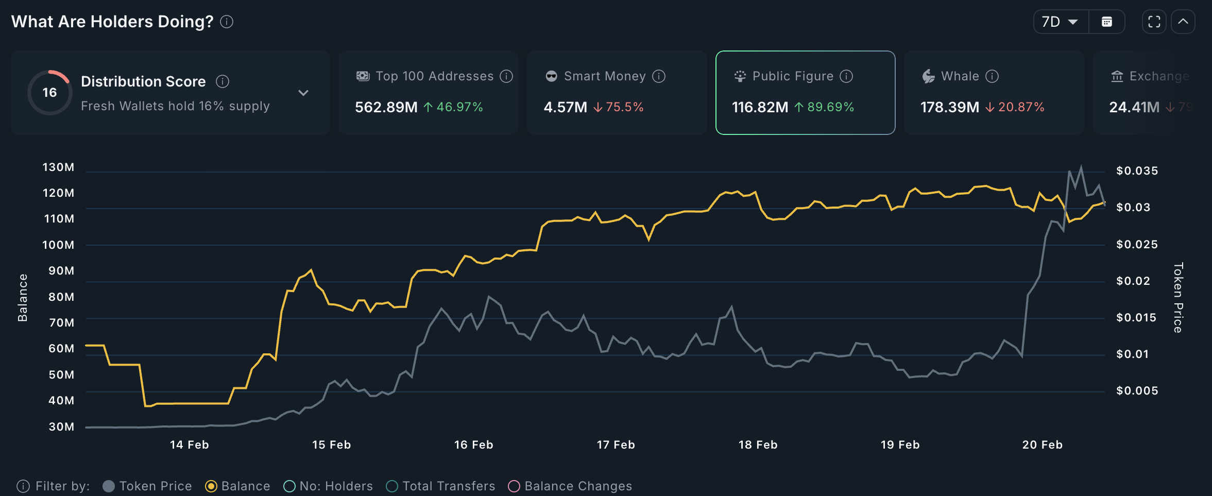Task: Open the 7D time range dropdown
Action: point(1061,22)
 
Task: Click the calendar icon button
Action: point(1106,22)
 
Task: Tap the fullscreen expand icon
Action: point(1154,22)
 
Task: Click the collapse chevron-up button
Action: point(1183,22)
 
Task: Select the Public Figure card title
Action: point(793,76)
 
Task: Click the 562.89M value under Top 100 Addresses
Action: point(386,107)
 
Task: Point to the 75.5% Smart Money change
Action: point(624,107)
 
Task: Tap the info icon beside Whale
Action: point(992,76)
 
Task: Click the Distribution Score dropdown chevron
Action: point(303,93)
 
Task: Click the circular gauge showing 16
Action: point(49,93)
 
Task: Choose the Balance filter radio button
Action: point(211,486)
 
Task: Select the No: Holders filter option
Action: point(289,486)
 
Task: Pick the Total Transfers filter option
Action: point(392,486)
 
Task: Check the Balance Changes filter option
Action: point(514,486)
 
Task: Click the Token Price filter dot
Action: point(109,486)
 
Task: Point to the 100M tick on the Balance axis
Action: point(58,245)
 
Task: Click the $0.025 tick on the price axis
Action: point(1137,244)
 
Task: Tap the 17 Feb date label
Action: point(616,444)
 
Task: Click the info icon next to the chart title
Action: point(227,22)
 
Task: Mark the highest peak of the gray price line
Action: point(1081,166)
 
